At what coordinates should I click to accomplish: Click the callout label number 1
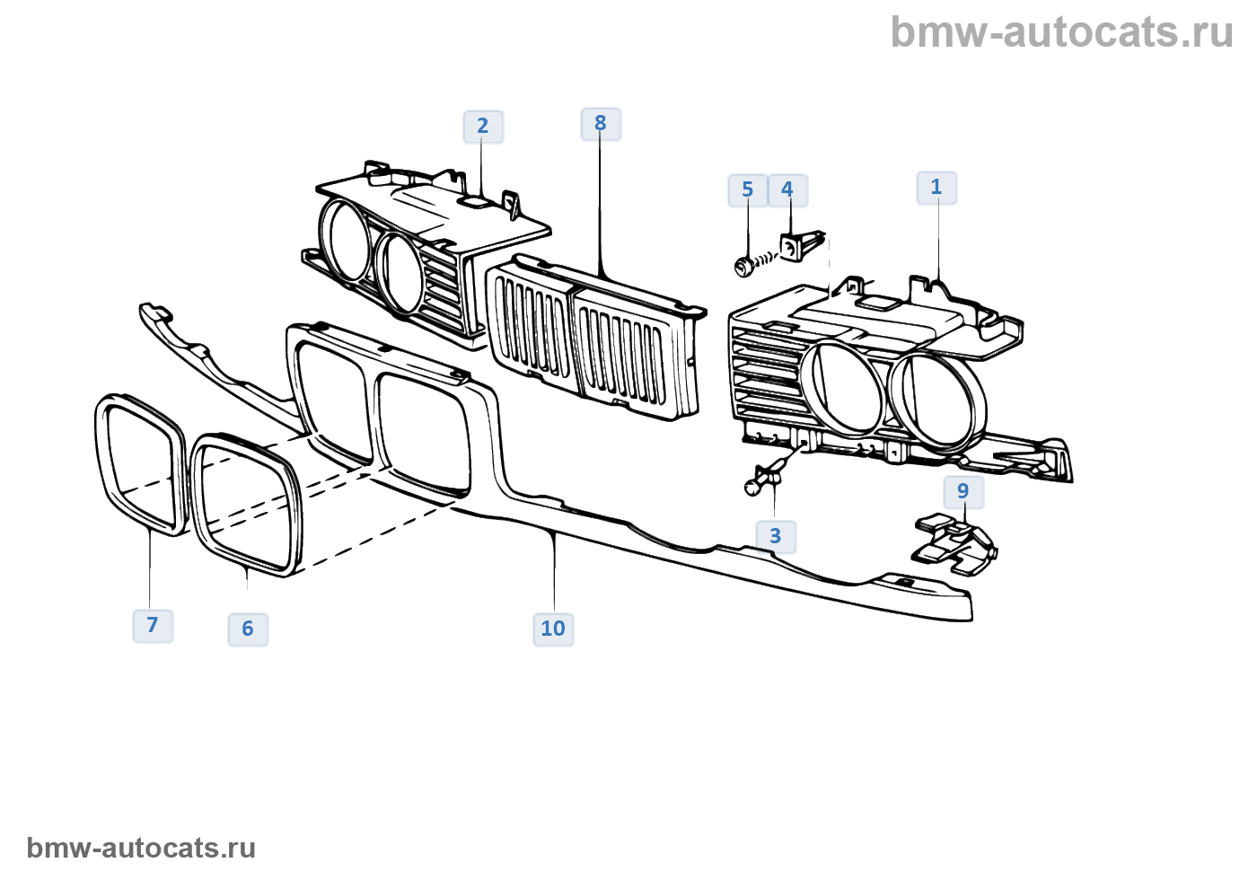click(x=936, y=187)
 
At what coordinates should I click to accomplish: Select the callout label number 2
click(x=483, y=126)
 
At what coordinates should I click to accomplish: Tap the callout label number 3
click(x=776, y=536)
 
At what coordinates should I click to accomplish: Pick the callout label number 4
click(x=787, y=189)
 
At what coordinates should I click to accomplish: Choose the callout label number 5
click(x=747, y=189)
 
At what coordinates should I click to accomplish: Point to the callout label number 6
click(x=248, y=629)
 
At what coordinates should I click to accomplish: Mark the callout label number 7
click(x=153, y=625)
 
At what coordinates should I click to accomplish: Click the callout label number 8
click(x=601, y=123)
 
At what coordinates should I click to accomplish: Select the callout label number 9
click(x=963, y=491)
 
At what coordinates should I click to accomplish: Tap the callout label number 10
click(x=553, y=629)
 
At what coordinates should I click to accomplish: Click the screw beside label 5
click(x=751, y=264)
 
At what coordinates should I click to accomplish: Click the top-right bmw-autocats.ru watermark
click(x=1061, y=32)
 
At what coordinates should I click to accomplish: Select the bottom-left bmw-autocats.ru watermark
click(x=141, y=848)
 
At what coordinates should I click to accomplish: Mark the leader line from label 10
click(x=554, y=575)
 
